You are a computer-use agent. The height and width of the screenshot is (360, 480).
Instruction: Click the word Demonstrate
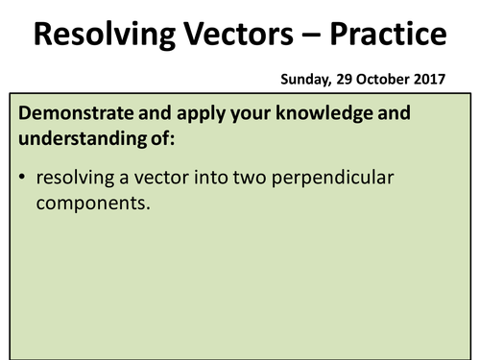pos(80,113)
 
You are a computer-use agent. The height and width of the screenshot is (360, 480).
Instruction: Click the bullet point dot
pos(21,179)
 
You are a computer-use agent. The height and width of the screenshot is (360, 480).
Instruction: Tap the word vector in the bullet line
pos(159,179)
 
